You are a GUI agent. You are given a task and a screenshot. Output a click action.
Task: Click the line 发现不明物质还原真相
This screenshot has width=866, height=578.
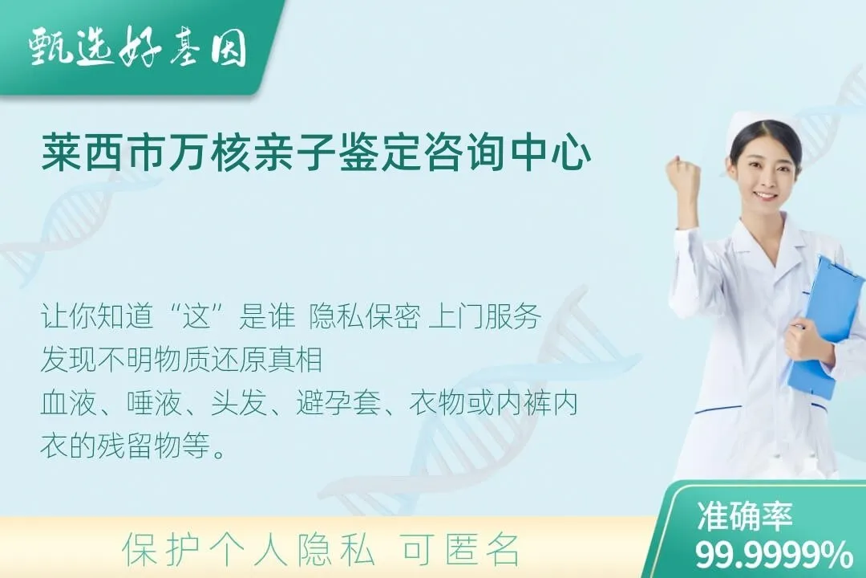pos(181,360)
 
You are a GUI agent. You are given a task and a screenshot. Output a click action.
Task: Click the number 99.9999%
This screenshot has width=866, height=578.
pos(774,554)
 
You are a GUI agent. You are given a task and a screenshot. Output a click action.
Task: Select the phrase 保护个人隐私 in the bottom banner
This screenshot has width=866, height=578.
pos(249,550)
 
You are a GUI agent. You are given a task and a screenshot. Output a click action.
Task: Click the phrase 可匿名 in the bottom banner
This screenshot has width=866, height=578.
pos(460,550)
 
